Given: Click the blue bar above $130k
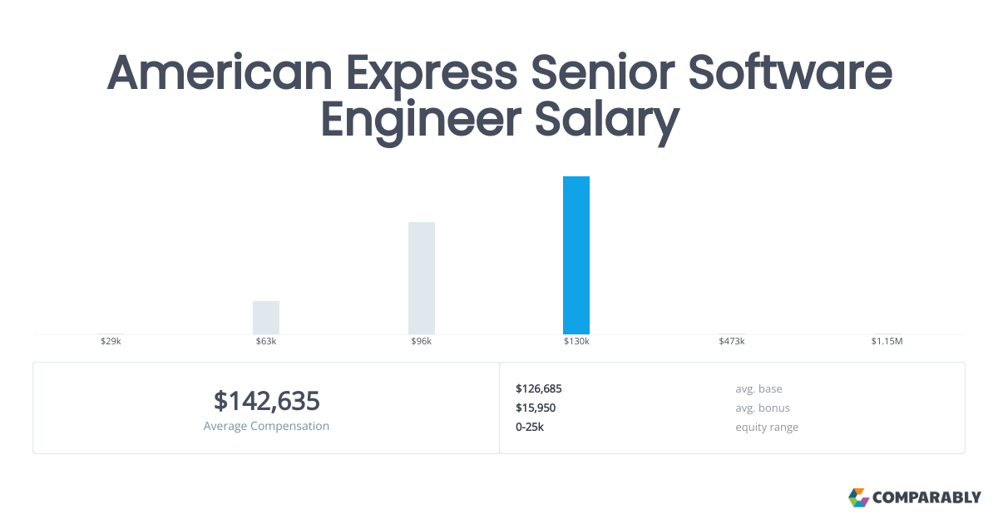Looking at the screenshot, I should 576,255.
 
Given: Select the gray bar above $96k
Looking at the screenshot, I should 422,278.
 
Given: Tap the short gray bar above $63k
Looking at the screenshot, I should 266,318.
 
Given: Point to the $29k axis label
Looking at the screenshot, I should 111,342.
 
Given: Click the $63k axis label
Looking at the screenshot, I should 266,342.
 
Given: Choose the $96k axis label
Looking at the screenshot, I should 422,342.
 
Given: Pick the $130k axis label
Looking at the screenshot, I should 576,342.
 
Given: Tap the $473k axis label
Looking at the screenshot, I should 732,342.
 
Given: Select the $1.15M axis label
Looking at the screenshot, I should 887,342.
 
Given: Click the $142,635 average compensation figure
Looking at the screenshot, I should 266,401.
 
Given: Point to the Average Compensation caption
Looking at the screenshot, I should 266,426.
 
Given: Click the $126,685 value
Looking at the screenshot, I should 539,388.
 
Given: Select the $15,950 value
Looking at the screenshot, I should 536,408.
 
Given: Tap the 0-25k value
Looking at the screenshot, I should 530,427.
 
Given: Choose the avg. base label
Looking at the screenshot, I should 758,388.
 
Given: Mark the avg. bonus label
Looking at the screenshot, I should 763,408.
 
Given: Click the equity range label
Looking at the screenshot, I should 767,427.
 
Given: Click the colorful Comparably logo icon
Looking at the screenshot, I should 858,497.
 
